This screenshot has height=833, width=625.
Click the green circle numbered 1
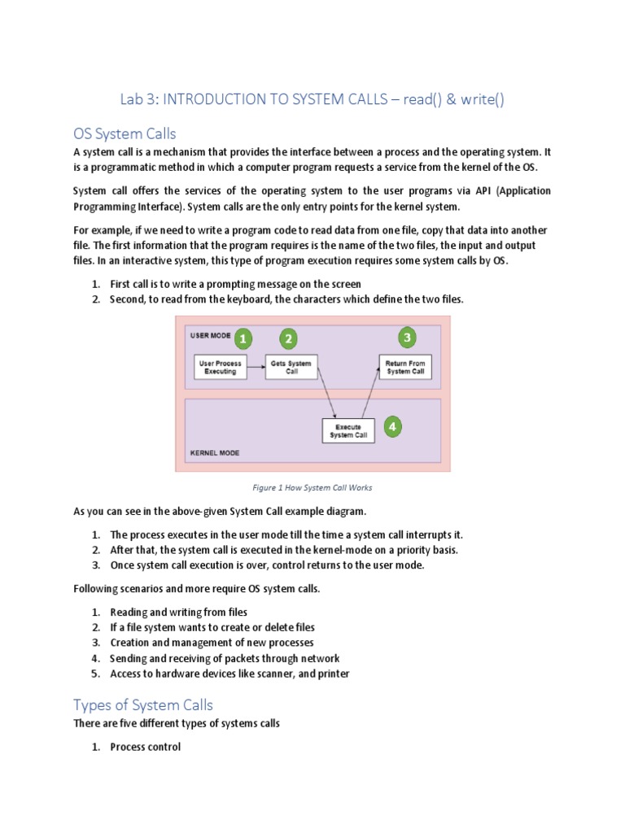(243, 338)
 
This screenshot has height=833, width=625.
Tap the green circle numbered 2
(288, 338)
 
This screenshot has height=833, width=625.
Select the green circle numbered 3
(408, 337)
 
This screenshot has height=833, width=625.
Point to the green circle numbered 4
(393, 426)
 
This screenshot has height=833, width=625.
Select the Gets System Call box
(291, 367)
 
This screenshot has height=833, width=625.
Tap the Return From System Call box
(404, 367)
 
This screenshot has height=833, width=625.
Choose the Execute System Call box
(348, 430)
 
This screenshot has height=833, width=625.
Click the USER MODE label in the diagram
(210, 335)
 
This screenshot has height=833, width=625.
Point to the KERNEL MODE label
(215, 453)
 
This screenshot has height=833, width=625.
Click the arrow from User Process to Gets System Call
(256, 367)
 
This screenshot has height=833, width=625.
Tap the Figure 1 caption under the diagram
(312, 488)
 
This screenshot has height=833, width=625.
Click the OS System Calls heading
(125, 134)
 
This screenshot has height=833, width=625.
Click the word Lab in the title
(133, 99)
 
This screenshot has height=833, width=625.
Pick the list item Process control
(145, 746)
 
